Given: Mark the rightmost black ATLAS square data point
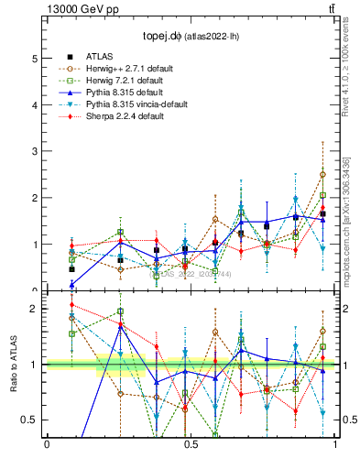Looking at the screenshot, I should pyautogui.click(x=322, y=214).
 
